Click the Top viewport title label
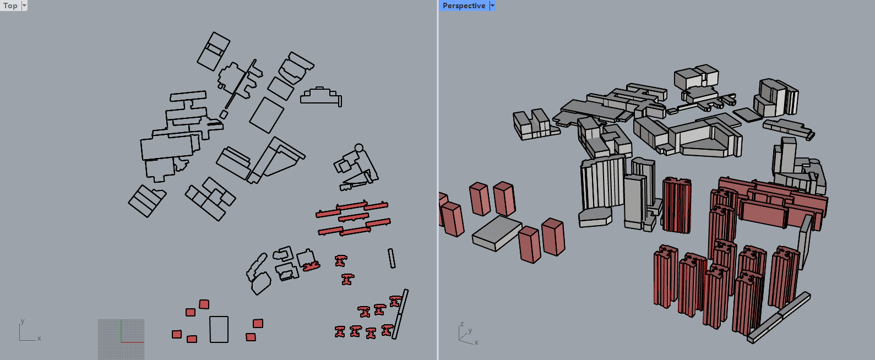click(10, 6)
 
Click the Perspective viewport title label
click(464, 6)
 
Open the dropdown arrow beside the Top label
click(24, 6)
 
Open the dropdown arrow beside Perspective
click(492, 6)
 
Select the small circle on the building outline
click(358, 148)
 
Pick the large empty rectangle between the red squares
click(219, 329)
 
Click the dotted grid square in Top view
click(121, 339)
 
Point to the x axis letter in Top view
click(39, 338)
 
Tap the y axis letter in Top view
click(22, 321)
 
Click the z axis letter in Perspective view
click(461, 324)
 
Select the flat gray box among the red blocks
click(497, 233)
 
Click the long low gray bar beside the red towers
click(779, 318)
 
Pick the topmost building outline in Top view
click(213, 52)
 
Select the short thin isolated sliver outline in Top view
click(392, 258)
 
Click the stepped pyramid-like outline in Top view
click(321, 96)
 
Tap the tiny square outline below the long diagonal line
click(224, 114)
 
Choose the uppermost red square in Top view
click(204, 304)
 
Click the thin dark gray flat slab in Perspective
click(747, 115)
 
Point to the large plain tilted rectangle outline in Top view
click(267, 115)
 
